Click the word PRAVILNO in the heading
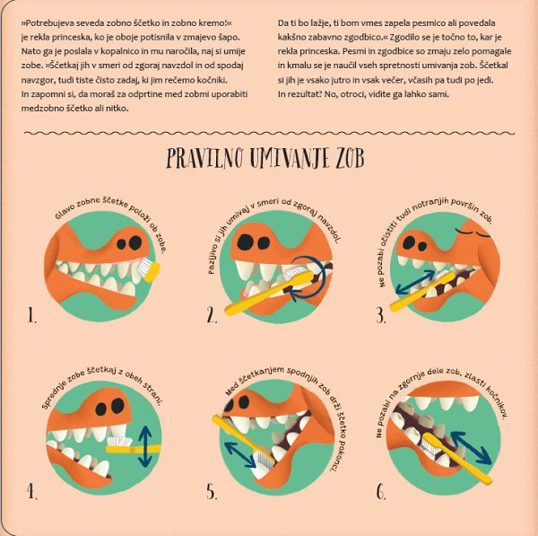click(205, 158)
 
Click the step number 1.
click(32, 315)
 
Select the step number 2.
click(212, 315)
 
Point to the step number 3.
click(381, 315)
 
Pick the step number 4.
click(32, 492)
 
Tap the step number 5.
click(212, 492)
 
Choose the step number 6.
click(381, 492)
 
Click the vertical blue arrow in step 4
click(145, 446)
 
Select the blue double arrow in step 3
click(415, 283)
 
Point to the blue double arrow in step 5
click(240, 454)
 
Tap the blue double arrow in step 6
click(471, 448)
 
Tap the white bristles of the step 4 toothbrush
click(119, 441)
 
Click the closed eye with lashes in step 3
click(473, 233)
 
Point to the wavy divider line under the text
click(269, 133)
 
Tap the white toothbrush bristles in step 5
click(264, 461)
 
